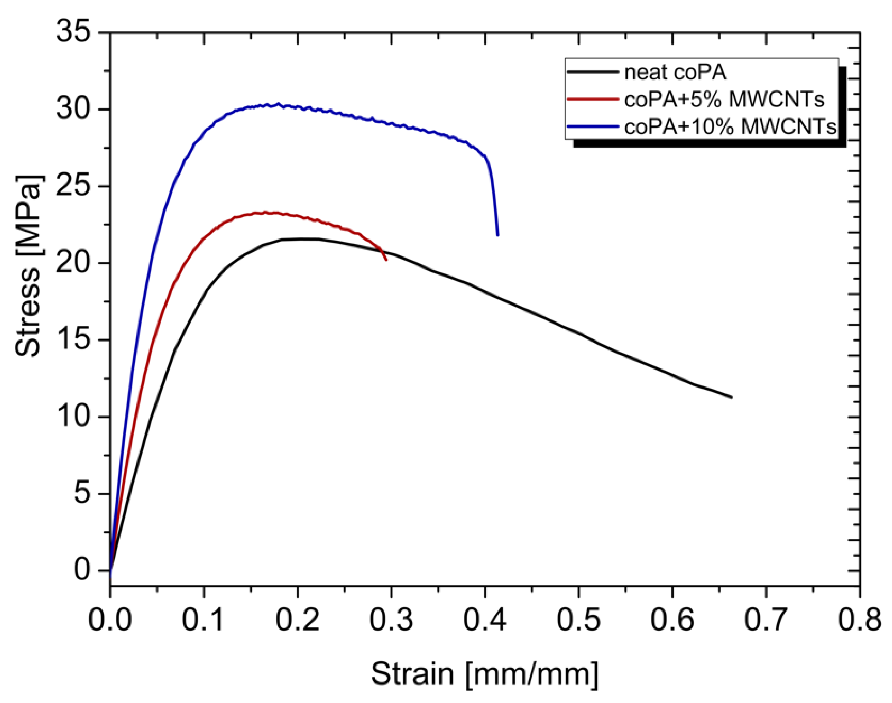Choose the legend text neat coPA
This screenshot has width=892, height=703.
[675, 72]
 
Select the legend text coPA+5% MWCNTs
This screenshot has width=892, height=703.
[724, 99]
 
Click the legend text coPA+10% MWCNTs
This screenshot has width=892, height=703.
[730, 127]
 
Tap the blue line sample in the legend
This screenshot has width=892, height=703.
[593, 126]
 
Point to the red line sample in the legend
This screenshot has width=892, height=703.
[593, 99]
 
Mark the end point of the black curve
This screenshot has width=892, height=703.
[731, 397]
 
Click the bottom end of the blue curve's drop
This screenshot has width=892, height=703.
[497, 235]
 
